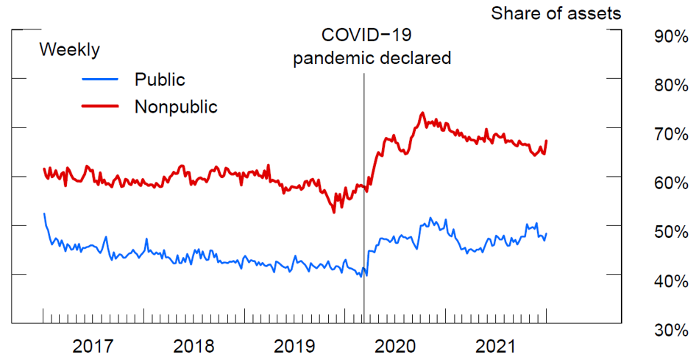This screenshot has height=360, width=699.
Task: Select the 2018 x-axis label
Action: pos(194,346)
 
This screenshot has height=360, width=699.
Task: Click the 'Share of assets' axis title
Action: pos(556,13)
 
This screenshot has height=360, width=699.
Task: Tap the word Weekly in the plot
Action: pos(69,50)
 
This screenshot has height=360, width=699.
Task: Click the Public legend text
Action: pos(160,79)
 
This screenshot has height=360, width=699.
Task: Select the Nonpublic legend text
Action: pos(176,106)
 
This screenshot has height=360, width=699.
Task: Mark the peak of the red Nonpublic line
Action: pos(422,113)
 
